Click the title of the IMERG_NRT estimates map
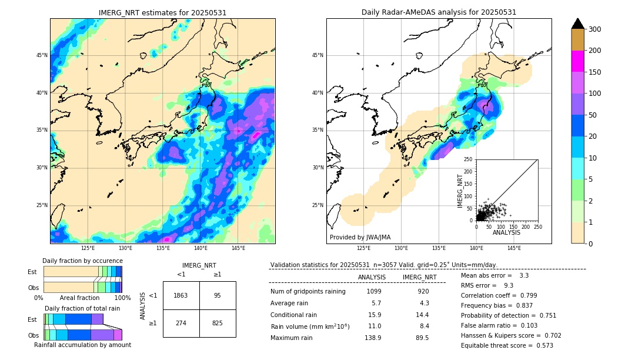[162, 12]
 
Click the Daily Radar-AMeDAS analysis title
[439, 12]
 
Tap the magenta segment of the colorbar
[577, 61]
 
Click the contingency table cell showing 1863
[181, 295]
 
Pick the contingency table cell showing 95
[218, 295]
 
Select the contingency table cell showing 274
[181, 323]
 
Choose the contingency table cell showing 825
[218, 323]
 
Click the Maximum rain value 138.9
[374, 338]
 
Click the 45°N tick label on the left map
[41, 55]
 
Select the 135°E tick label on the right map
[439, 248]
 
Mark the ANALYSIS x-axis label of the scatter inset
[507, 232]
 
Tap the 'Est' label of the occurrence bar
[32, 272]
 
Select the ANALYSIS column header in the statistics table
[372, 277]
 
